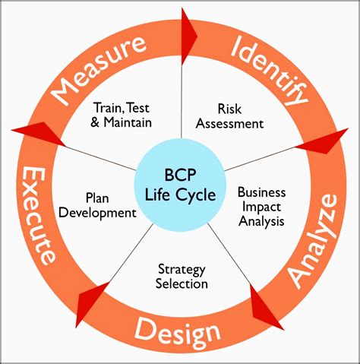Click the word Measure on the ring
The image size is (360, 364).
(99, 69)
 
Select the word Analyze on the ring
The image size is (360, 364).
(314, 242)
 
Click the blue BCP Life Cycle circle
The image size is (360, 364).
(180, 186)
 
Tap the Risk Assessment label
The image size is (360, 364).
(229, 116)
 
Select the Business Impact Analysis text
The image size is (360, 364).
(261, 207)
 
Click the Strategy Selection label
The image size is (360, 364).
(182, 277)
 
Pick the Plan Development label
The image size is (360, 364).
(97, 205)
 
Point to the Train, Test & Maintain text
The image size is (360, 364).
(122, 115)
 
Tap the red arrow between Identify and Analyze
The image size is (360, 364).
(323, 141)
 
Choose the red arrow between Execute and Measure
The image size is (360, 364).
(39, 133)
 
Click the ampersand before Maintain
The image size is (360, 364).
(95, 122)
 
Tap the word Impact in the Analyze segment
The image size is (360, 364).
(261, 207)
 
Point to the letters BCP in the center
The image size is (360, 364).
(180, 175)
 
